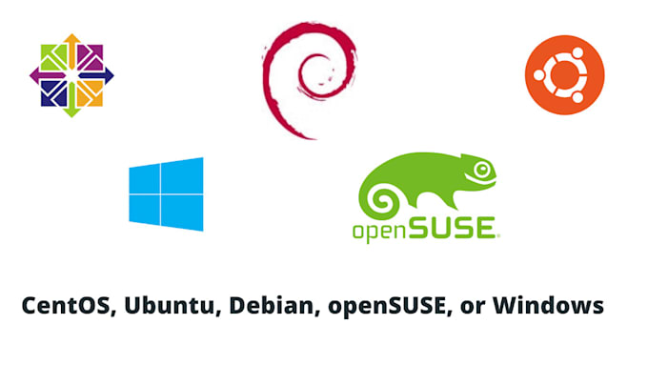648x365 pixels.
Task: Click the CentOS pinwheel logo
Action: (71, 75)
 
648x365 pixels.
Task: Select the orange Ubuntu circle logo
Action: (564, 75)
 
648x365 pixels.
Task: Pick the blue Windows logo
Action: (166, 194)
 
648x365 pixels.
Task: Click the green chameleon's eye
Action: (482, 169)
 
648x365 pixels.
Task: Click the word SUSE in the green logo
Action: (452, 228)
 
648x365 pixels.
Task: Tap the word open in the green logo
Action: (379, 231)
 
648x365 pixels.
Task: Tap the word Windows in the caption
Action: (548, 306)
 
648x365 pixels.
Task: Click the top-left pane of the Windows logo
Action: (144, 179)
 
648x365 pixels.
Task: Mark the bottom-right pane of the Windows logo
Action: (182, 213)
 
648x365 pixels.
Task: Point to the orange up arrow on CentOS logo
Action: (71, 51)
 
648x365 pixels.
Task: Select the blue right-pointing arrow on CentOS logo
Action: (96, 75)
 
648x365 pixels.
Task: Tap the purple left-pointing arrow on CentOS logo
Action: (48, 76)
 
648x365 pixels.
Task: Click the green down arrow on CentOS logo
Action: (71, 100)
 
